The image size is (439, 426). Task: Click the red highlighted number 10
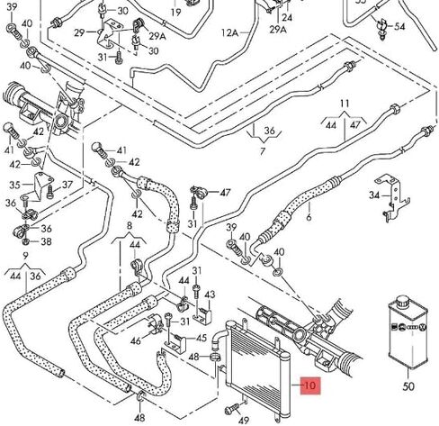pyautogui.click(x=310, y=385)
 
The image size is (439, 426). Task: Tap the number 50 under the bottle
pyautogui.click(x=408, y=385)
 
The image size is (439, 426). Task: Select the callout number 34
pyautogui.click(x=374, y=195)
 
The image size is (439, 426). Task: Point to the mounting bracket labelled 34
pyautogui.click(x=392, y=198)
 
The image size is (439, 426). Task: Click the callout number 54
pyautogui.click(x=399, y=26)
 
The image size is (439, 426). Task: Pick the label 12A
pyautogui.click(x=229, y=32)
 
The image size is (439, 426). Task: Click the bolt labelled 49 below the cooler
pyautogui.click(x=232, y=409)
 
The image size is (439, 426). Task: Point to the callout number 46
pyautogui.click(x=136, y=340)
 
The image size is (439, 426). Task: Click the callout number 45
pyautogui.click(x=202, y=339)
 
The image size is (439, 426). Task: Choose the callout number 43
pyautogui.click(x=210, y=295)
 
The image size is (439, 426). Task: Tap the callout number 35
pyautogui.click(x=14, y=185)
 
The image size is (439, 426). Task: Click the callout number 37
pyautogui.click(x=67, y=185)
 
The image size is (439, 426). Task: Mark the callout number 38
pyautogui.click(x=46, y=241)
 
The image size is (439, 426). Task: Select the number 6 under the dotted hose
pyautogui.click(x=309, y=217)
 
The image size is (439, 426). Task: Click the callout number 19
pyautogui.click(x=175, y=13)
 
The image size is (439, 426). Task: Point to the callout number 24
pyautogui.click(x=287, y=17)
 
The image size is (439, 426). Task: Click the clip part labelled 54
pyautogui.click(x=382, y=29)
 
